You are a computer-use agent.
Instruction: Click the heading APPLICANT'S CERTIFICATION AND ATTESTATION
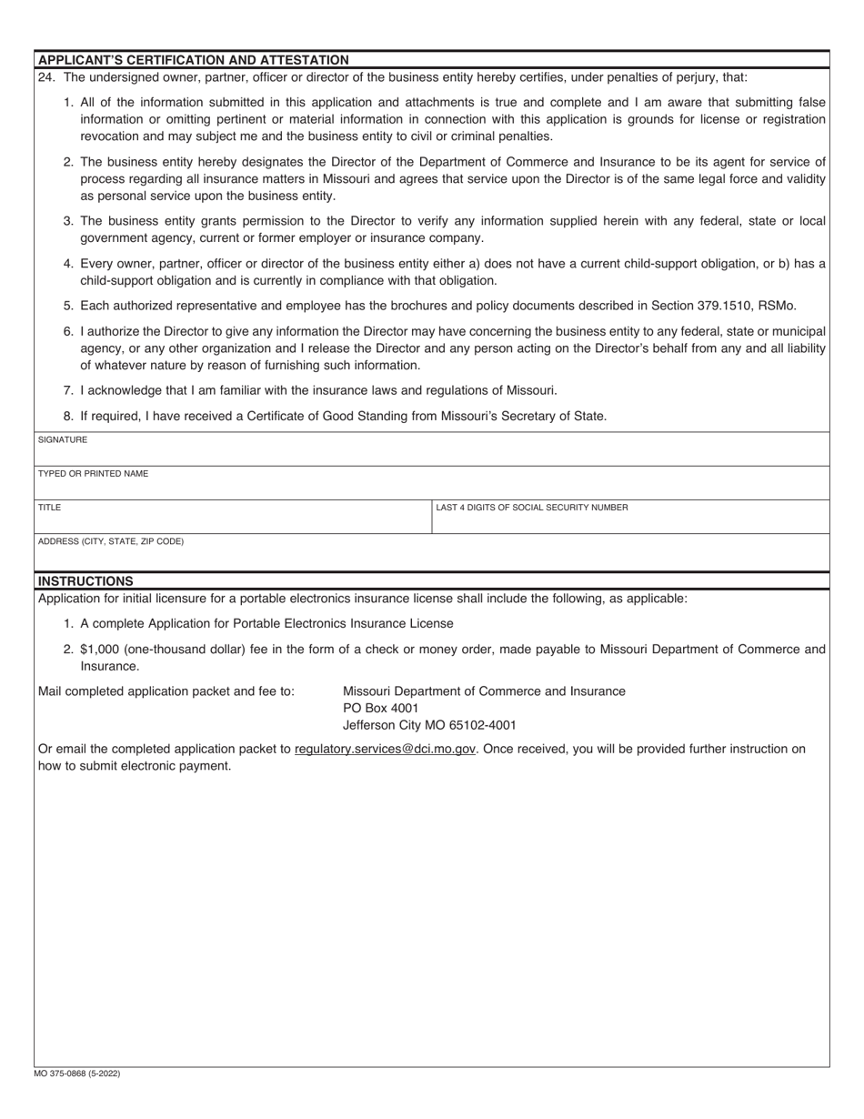click(193, 60)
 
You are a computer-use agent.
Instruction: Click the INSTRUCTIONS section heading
click(85, 580)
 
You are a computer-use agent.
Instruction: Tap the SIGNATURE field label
click(63, 439)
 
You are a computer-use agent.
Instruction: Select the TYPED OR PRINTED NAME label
click(93, 474)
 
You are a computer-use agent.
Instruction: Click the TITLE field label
click(50, 508)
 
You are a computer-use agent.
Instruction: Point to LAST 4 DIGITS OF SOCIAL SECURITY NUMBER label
click(531, 508)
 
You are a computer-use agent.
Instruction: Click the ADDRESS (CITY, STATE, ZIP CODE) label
click(110, 541)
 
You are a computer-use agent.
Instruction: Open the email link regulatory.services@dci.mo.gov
click(386, 749)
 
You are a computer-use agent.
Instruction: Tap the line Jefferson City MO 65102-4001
click(428, 725)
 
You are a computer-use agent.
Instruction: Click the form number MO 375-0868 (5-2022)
click(77, 1074)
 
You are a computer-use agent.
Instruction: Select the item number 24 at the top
click(45, 77)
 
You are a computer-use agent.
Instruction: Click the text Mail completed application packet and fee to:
click(166, 691)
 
